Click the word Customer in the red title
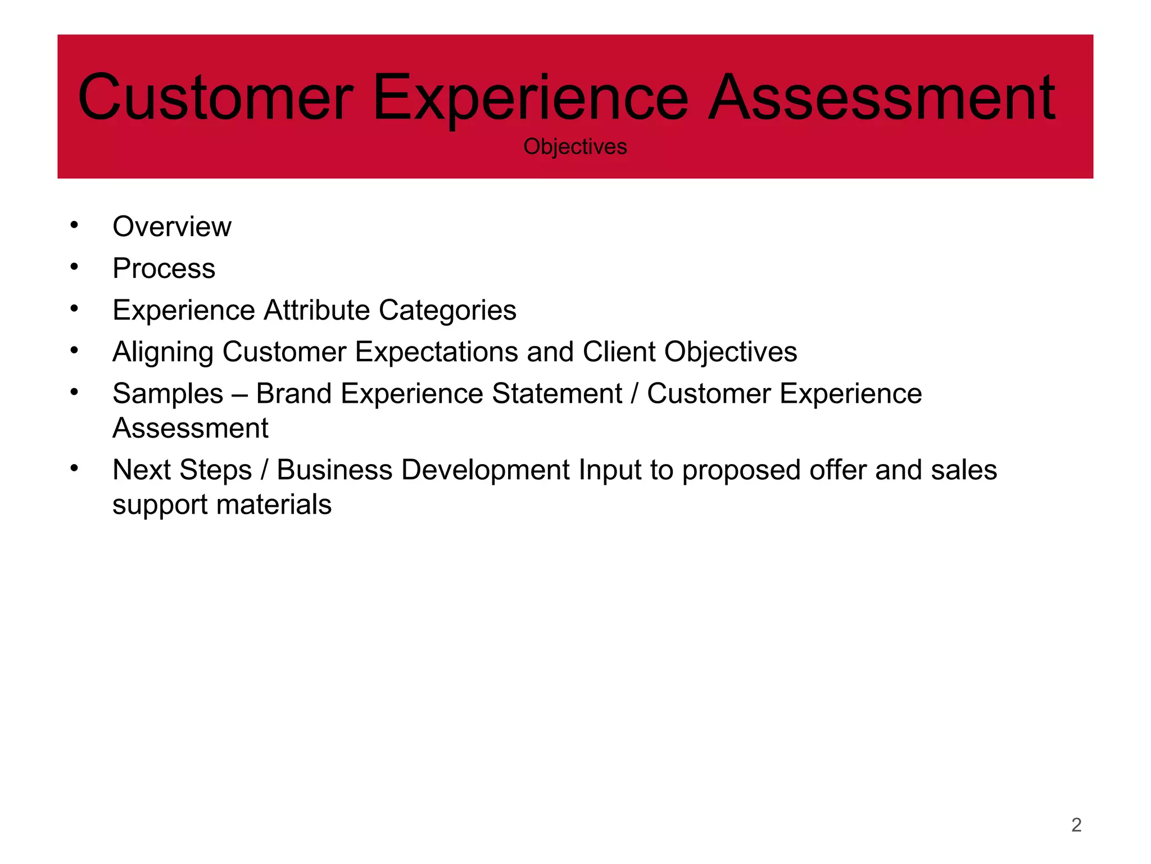tap(216, 98)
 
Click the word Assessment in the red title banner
tap(881, 98)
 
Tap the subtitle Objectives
tap(575, 147)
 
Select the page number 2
tap(1076, 825)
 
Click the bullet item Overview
tap(171, 227)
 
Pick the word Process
tap(164, 268)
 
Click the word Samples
tap(167, 394)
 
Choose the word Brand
tap(293, 393)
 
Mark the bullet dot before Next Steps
tap(74, 468)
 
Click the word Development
tap(486, 470)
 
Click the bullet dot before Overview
tap(74, 225)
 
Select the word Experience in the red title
tap(530, 98)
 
